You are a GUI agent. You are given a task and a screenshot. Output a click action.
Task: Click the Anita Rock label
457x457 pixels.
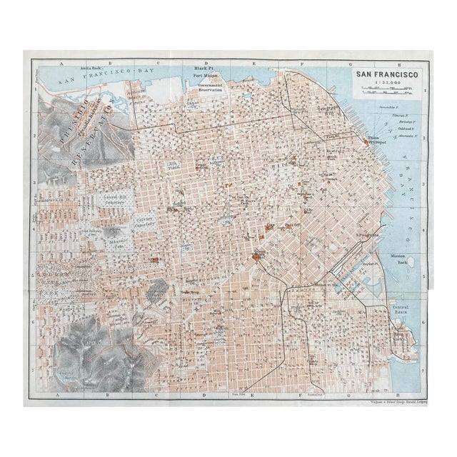coord(93,68)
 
